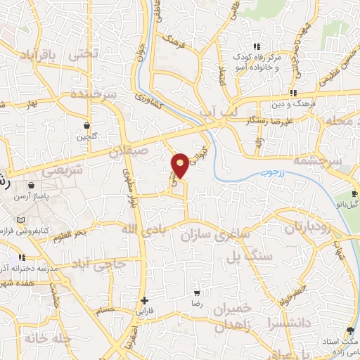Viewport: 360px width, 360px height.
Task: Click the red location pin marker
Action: click(x=181, y=165)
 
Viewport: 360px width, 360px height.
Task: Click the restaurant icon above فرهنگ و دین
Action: click(x=292, y=93)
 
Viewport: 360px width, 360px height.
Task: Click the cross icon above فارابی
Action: click(x=144, y=300)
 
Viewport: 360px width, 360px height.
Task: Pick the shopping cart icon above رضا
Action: click(x=198, y=292)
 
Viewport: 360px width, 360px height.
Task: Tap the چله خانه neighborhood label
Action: click(x=48, y=338)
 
